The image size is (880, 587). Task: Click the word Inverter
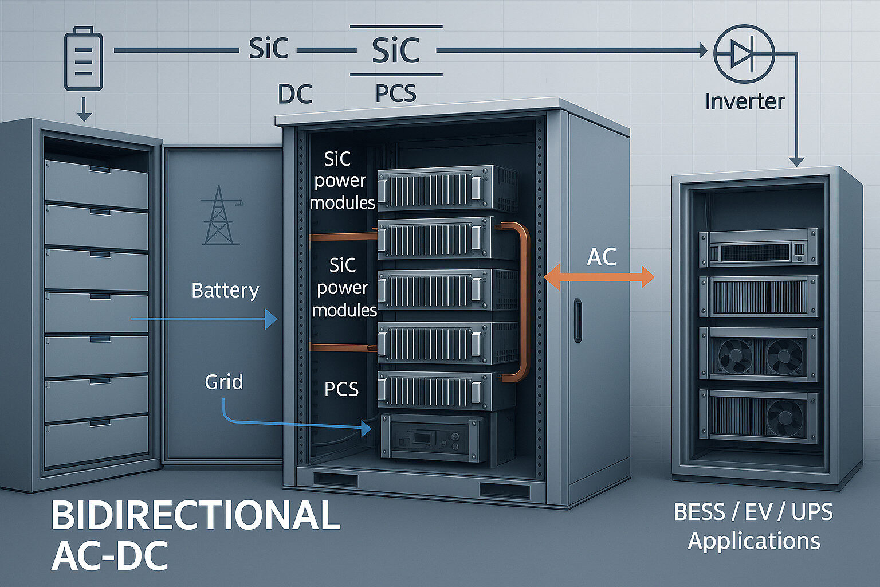[744, 101]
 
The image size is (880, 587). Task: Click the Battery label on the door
[225, 290]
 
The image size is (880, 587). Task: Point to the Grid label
[224, 382]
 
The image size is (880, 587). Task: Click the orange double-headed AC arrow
[599, 277]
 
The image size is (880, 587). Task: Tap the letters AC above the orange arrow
[602, 257]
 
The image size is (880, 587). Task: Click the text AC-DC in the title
[109, 555]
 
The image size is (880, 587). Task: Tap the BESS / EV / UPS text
[753, 512]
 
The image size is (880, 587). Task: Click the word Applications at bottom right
[754, 541]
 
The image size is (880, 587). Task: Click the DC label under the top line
[295, 94]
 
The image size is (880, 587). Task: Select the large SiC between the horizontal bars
[396, 50]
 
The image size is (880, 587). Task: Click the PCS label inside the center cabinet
[341, 389]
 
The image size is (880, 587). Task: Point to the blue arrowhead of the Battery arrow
[270, 318]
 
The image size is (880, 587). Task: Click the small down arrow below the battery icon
[84, 111]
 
